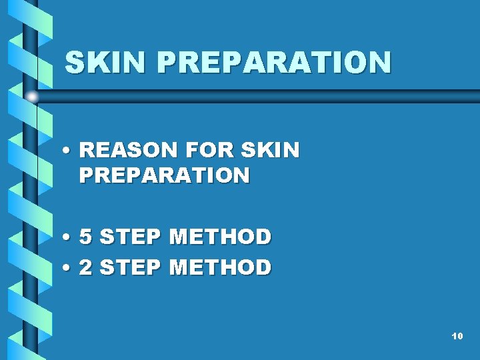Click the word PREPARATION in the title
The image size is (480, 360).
[x=274, y=63]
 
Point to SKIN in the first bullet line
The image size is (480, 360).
[x=274, y=151]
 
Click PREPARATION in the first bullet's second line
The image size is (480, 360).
[x=164, y=175]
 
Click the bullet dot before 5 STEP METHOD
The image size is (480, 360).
[x=68, y=237]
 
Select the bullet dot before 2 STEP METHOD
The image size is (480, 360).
[x=68, y=268]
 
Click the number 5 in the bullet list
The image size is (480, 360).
[x=86, y=237]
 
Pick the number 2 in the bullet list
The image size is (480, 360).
[x=86, y=267]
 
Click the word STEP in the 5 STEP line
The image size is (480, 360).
[x=131, y=237]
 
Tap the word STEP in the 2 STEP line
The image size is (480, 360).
[x=131, y=267]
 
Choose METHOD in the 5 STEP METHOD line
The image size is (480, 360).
[x=221, y=237]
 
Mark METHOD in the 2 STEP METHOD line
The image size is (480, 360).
[x=221, y=267]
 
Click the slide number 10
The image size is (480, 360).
[x=457, y=336]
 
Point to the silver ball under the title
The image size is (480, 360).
[x=31, y=97]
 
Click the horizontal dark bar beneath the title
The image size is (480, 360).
[x=267, y=95]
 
